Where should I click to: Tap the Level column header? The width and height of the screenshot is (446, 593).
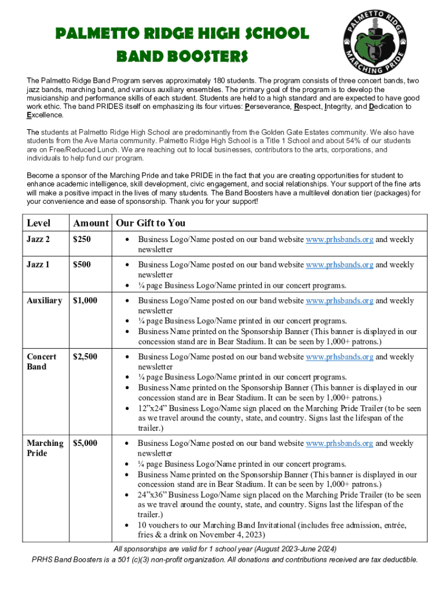coord(39,223)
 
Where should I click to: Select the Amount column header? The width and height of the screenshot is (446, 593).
coord(91,223)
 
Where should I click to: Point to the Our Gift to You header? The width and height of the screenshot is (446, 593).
coord(151,223)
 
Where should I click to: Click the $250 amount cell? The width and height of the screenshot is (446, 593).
coord(82,239)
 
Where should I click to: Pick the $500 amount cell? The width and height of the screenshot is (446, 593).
coord(82,265)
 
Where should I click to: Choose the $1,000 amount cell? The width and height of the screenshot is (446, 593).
coord(85,301)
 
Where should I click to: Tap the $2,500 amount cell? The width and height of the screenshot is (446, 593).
coord(85,357)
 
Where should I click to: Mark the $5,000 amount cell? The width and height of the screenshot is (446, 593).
coord(85,443)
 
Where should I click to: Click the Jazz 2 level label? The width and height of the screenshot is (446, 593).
coord(39,239)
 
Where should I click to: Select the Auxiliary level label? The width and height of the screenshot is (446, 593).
coord(45,301)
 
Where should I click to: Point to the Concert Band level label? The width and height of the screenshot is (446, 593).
coord(42,361)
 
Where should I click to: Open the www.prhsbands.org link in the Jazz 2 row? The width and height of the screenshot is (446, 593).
coord(339,239)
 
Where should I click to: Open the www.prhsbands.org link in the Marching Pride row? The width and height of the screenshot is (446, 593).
coord(339,443)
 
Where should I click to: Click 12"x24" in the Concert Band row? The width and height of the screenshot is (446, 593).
coord(152,408)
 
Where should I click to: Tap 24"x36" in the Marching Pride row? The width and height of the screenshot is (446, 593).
coord(152,495)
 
